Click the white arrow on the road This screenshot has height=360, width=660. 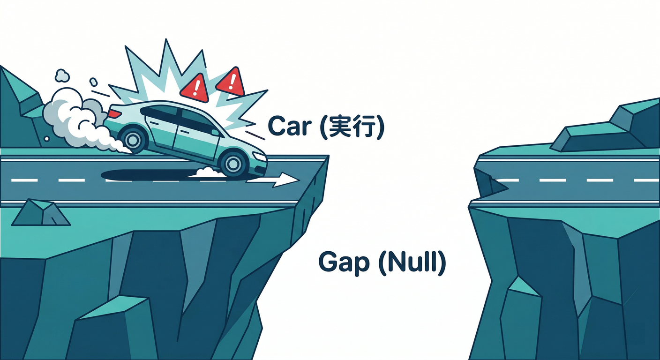(272, 180)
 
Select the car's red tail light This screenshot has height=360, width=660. (114, 113)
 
